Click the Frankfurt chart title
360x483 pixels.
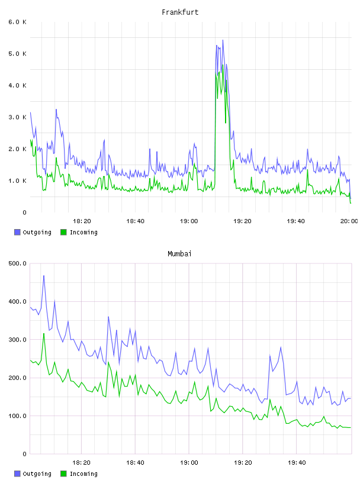180,12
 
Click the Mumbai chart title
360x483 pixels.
179,254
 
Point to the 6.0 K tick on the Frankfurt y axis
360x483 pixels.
18,22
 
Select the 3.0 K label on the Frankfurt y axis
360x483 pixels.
18,117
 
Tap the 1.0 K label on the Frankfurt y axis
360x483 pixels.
18,181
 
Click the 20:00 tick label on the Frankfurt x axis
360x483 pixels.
349,221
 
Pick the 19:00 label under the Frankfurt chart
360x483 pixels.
189,221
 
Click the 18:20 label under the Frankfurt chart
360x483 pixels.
82,221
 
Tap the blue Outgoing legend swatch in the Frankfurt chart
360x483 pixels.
17,232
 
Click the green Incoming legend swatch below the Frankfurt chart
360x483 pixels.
63,232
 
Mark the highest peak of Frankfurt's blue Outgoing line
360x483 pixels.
223,40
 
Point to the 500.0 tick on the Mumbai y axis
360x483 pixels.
18,263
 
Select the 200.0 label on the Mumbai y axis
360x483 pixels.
18,378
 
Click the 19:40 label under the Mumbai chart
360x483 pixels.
297,462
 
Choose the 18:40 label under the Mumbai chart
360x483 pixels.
136,462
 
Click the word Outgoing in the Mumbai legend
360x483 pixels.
37,474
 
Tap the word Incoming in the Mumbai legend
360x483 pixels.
84,474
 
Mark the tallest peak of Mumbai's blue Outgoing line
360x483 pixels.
44,276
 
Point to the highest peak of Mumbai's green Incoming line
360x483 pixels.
44,334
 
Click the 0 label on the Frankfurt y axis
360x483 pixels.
24,212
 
